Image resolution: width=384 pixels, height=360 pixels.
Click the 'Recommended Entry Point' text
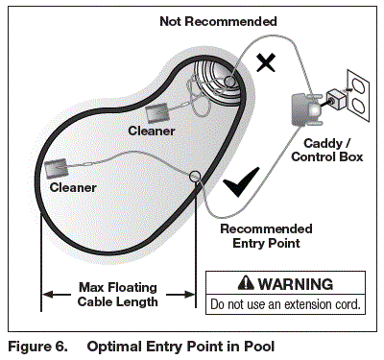pyautogui.click(x=266, y=235)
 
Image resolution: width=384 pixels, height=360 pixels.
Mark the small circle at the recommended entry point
pyautogui.click(x=196, y=176)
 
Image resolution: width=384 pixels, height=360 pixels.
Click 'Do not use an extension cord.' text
pyautogui.click(x=286, y=304)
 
